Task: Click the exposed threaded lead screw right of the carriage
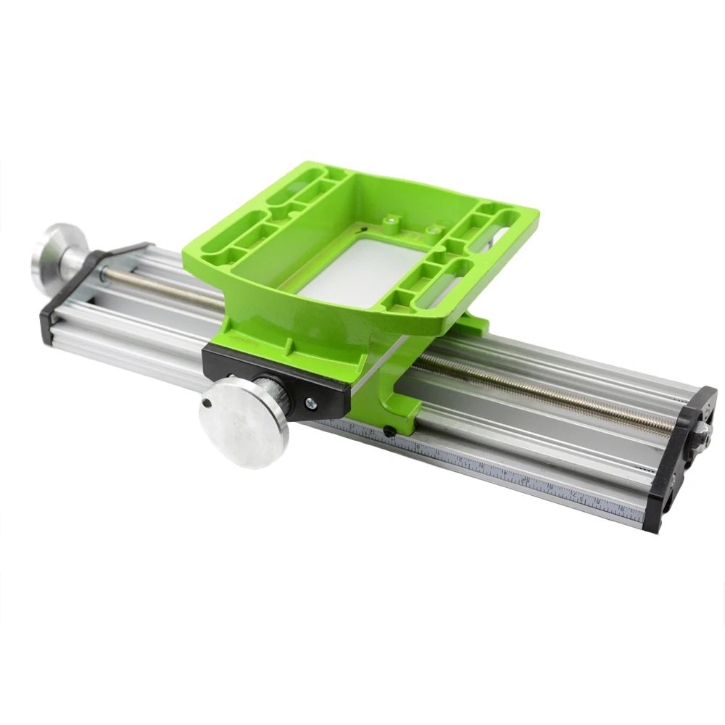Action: [x=544, y=395]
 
